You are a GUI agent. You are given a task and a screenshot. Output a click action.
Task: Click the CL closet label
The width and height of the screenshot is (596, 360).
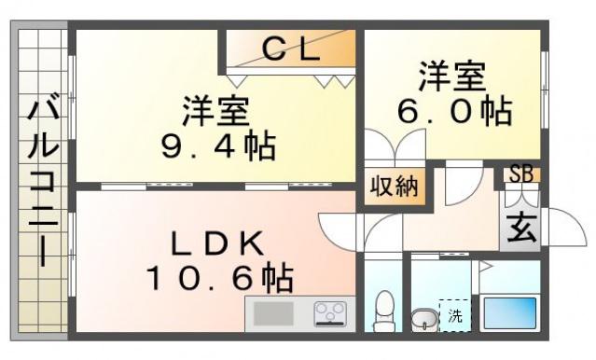291,49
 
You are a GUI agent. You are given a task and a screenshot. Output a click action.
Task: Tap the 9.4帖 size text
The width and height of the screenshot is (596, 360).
218,146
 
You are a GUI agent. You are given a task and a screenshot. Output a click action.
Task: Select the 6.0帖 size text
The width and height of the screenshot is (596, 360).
455,112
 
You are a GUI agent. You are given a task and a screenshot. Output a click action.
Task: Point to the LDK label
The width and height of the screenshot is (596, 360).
217,242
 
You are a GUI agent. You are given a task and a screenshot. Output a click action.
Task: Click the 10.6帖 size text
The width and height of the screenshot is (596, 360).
219,278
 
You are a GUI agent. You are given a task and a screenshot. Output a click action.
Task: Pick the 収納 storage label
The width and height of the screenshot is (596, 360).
395,187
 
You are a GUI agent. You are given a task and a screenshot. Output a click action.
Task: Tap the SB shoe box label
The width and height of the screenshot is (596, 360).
521,174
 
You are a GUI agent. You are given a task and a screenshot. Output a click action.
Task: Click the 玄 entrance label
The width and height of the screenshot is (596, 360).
522,228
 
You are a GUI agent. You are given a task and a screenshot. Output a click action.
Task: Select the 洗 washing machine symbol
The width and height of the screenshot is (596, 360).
455,315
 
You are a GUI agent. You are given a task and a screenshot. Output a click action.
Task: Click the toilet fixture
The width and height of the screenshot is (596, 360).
383,312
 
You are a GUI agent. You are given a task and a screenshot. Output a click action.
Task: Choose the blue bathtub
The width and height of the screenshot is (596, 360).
509,313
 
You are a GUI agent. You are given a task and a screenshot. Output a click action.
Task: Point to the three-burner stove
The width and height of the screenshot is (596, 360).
330,314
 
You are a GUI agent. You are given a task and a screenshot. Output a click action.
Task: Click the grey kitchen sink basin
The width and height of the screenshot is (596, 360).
273,313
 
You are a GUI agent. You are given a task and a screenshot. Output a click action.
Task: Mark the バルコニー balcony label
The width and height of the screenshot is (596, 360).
43,183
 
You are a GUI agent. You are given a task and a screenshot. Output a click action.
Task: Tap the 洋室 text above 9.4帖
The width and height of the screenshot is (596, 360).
215,111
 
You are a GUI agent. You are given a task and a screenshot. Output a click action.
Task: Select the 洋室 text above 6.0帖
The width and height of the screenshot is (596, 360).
452,77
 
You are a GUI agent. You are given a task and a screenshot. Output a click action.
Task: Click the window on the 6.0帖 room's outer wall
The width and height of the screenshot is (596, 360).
545,90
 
